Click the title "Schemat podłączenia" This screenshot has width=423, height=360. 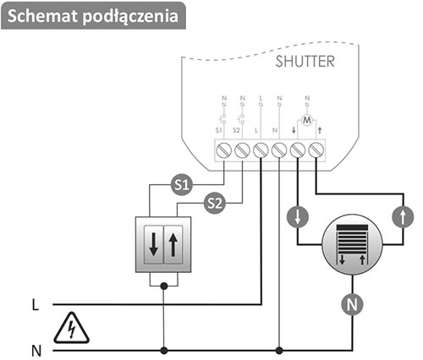pyautogui.click(x=93, y=16)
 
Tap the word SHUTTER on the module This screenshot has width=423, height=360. pyautogui.click(x=305, y=62)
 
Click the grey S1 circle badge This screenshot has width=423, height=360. pyautogui.click(x=182, y=185)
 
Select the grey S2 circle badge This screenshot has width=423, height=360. pyautogui.click(x=215, y=203)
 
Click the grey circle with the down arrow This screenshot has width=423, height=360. pyautogui.click(x=298, y=217)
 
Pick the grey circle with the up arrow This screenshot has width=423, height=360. pyautogui.click(x=403, y=217)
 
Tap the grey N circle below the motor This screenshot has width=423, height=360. pyautogui.click(x=352, y=305)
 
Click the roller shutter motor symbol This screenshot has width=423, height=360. pyautogui.click(x=352, y=244)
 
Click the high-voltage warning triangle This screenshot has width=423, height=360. pyautogui.click(x=71, y=329)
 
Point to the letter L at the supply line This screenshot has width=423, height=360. pyautogui.click(x=36, y=305)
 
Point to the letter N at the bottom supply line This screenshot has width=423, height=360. pyautogui.click(x=36, y=351)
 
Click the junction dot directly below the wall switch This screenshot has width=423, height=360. pyautogui.click(x=164, y=286)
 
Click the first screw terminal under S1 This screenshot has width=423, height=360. pyautogui.click(x=224, y=150)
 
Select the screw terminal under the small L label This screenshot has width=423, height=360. pyautogui.click(x=261, y=150)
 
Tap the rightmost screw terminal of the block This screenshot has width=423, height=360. pyautogui.click(x=316, y=150)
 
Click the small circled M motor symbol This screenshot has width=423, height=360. pyautogui.click(x=307, y=120)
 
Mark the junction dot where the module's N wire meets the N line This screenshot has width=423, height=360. pyautogui.click(x=279, y=351)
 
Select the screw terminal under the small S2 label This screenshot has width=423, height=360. pyautogui.click(x=242, y=150)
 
